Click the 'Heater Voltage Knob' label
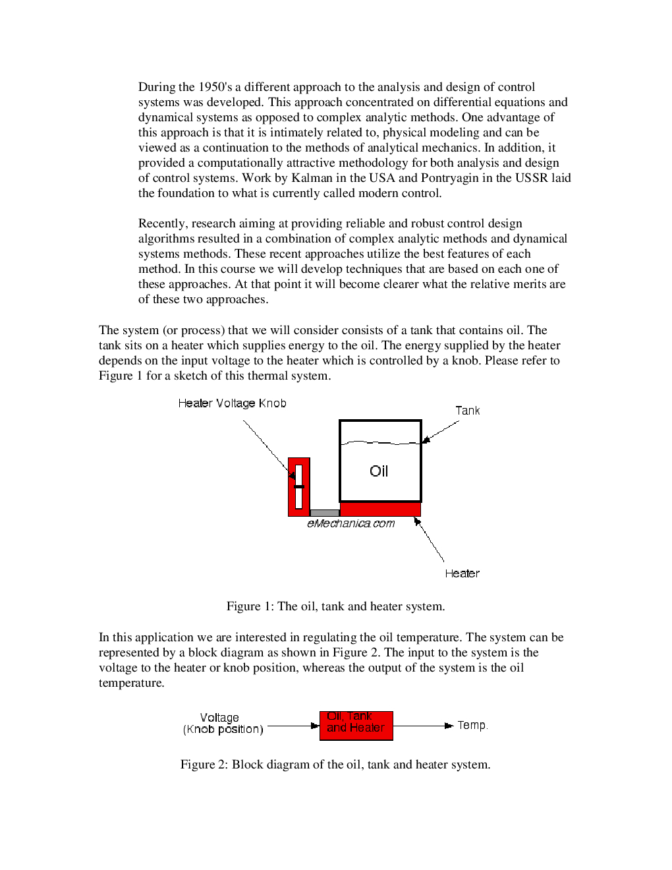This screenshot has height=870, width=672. tap(232, 403)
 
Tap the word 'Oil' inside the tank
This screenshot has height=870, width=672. tap(379, 471)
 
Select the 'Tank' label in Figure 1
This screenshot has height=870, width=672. tap(467, 411)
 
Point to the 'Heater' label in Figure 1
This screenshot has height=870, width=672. tap(462, 573)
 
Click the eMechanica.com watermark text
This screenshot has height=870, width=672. tap(350, 523)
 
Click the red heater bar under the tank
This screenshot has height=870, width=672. tap(380, 509)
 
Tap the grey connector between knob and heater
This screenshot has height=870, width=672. tap(324, 513)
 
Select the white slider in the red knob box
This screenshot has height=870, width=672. tap(298, 486)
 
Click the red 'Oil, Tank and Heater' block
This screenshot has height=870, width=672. tap(356, 725)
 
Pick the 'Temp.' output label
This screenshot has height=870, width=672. tap(472, 725)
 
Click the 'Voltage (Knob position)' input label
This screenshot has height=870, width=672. tap(223, 723)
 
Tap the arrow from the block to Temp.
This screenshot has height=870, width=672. tap(422, 726)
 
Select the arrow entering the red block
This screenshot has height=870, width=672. tap(293, 726)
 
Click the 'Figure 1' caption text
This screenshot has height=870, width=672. tap(335, 606)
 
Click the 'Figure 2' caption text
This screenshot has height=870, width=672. tap(335, 765)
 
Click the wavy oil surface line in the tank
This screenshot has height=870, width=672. tap(380, 443)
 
